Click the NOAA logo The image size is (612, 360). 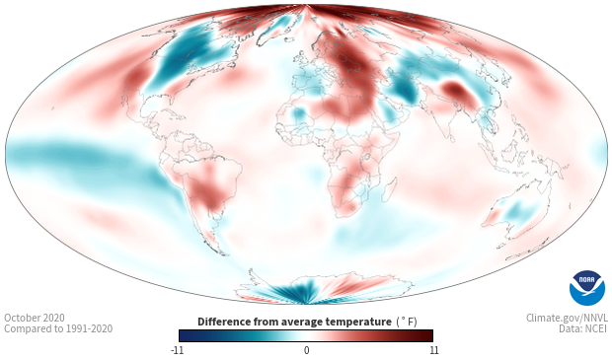pos(587,288)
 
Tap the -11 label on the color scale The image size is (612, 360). pos(177,350)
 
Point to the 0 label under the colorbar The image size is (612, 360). pos(306,350)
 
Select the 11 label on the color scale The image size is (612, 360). pos(434,350)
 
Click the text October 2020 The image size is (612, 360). pos(35,318)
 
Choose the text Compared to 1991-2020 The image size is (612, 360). pos(58,328)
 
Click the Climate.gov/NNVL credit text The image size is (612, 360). pos(567,318)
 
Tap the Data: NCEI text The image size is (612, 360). pos(583,328)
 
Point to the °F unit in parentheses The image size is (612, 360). pos(407,323)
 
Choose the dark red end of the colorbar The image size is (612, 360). pos(426,335)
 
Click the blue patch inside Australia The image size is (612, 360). pos(518,211)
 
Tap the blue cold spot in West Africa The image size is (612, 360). pos(299,115)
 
